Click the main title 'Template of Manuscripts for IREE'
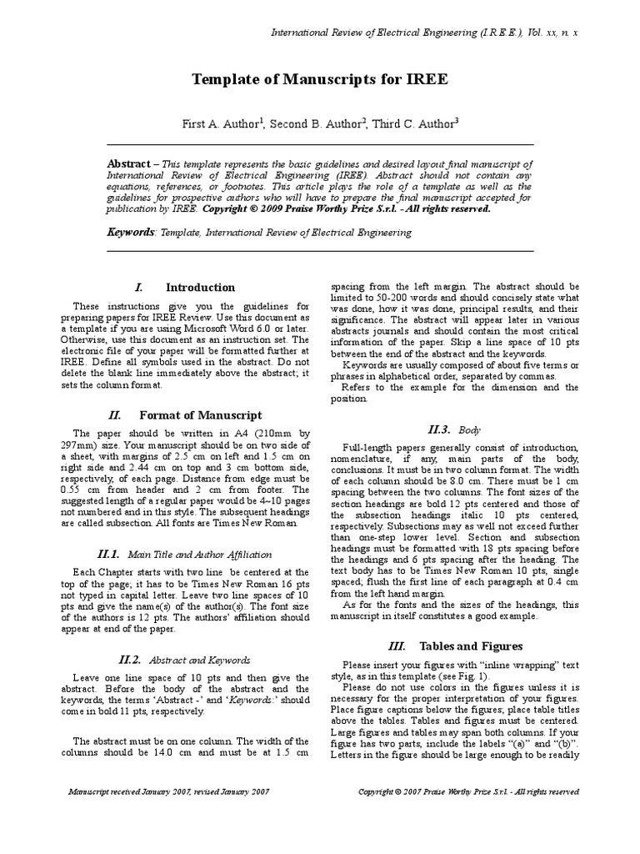point(319,80)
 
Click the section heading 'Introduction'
point(200,288)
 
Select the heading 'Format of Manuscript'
point(200,414)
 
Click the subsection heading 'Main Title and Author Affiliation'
point(199,554)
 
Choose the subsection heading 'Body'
point(470,430)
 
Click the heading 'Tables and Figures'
point(471,646)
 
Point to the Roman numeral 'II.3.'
point(439,429)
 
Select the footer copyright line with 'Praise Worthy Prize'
point(468,791)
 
